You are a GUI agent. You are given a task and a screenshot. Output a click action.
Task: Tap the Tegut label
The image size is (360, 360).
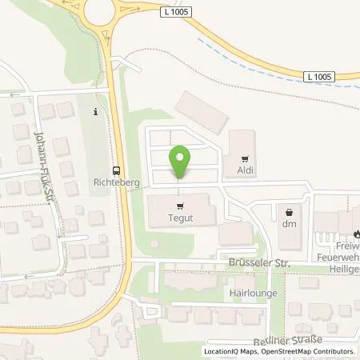(x=181, y=216)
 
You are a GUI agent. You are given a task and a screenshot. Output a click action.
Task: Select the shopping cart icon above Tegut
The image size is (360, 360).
(x=181, y=204)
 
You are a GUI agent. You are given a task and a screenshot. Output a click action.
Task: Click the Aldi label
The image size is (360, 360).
(x=246, y=170)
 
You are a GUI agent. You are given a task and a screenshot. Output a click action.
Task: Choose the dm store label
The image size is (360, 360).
(x=289, y=224)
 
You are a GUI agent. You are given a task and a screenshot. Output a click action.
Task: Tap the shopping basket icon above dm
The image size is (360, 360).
(x=289, y=212)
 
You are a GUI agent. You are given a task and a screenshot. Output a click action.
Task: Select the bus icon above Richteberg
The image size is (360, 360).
(x=118, y=170)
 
